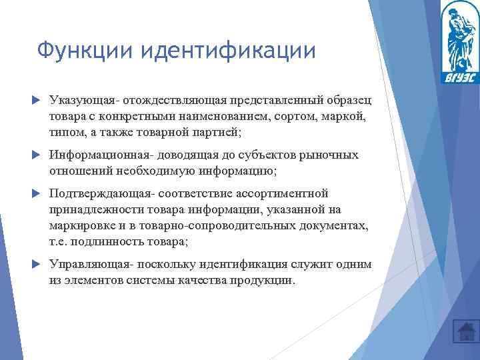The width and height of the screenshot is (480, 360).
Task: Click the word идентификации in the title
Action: click(x=223, y=51)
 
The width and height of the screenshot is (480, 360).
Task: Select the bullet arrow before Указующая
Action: click(x=37, y=100)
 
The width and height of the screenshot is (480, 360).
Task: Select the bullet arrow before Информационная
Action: click(x=37, y=155)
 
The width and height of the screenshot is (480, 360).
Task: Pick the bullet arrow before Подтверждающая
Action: click(x=37, y=193)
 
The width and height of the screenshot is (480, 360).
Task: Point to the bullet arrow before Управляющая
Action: click(x=37, y=265)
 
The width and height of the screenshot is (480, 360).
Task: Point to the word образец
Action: click(x=349, y=100)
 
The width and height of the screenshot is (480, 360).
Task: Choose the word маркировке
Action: click(x=78, y=225)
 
